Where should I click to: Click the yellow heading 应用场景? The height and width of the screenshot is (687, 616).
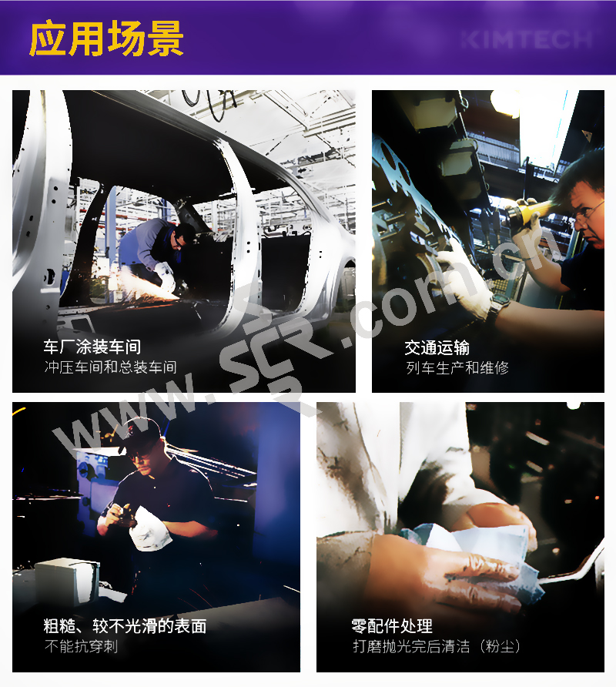[106, 39]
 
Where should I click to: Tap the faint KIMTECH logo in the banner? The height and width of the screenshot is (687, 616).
[527, 40]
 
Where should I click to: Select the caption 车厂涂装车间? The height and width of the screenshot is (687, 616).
[92, 347]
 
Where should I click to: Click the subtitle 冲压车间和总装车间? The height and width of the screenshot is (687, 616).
[110, 367]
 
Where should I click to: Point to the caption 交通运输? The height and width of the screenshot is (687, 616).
[437, 348]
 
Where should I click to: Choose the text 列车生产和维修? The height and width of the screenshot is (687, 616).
[457, 367]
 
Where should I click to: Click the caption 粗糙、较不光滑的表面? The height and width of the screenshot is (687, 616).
[125, 626]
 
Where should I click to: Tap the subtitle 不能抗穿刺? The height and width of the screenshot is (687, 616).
[81, 646]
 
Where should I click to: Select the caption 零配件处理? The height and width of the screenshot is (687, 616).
[392, 626]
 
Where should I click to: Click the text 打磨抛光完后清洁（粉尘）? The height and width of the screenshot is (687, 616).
[437, 646]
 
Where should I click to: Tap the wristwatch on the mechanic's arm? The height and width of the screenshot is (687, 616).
[499, 304]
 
